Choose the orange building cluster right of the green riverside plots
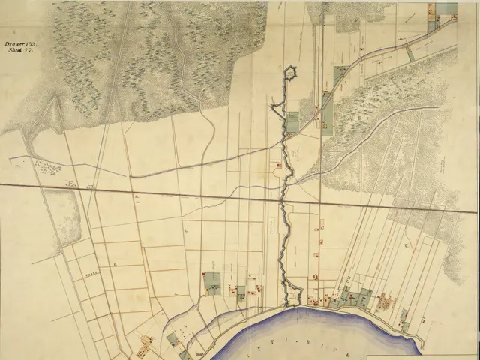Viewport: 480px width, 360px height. click(x=387, y=303)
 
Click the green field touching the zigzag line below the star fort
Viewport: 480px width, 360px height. click(x=292, y=122)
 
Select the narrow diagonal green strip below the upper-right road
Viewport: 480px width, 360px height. click(x=409, y=52)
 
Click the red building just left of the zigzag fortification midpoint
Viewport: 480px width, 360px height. click(x=279, y=164)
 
